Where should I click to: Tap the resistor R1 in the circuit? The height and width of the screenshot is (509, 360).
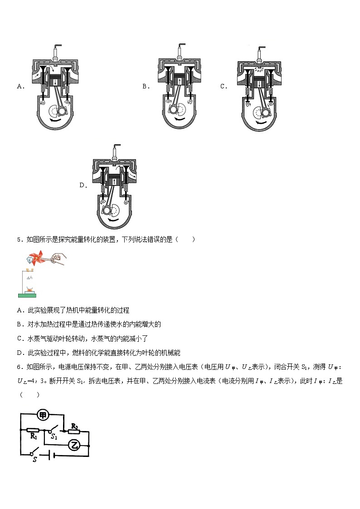point(33,430)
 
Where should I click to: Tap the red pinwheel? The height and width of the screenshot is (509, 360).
point(34,258)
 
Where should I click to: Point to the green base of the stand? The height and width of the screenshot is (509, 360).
point(27,296)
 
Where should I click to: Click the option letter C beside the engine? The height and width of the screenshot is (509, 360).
point(224,86)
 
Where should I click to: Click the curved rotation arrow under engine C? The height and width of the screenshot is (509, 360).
point(260,122)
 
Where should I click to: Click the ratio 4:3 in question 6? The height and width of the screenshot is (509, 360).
point(39,380)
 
